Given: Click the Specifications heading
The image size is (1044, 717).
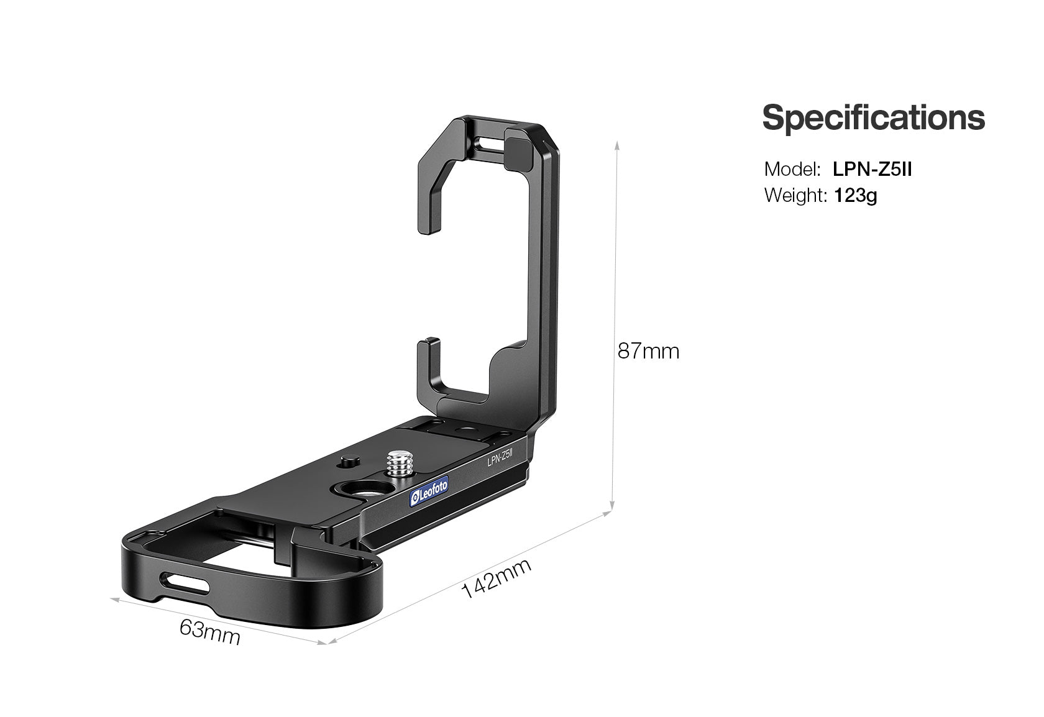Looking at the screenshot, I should tap(873, 118).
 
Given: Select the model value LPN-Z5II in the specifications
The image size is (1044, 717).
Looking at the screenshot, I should tap(872, 169).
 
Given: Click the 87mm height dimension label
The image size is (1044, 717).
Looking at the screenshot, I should tap(648, 352).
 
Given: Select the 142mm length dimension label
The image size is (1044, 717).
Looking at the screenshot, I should tap(497, 578).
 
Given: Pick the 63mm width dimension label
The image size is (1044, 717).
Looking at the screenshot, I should tap(209, 632).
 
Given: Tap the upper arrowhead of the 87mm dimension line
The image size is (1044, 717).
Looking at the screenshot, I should tap(616, 144).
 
